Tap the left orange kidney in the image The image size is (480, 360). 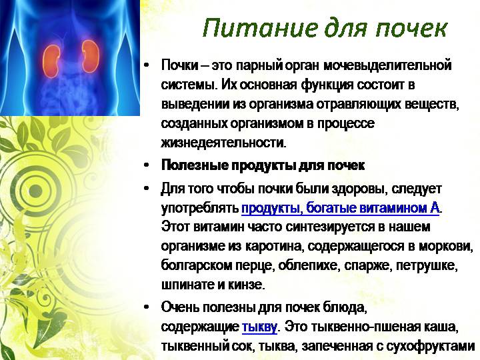(x=51, y=61)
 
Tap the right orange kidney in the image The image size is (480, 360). (x=90, y=56)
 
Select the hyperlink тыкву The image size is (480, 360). (x=259, y=327)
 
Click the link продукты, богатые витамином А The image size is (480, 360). (x=341, y=208)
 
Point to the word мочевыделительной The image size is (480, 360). (x=387, y=65)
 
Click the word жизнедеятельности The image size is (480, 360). (x=223, y=143)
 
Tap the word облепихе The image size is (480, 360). (x=309, y=265)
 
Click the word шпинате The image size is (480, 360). (x=187, y=285)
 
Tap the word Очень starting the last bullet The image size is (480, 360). (x=180, y=307)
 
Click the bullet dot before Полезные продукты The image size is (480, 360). (x=147, y=165)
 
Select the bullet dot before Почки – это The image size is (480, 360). (x=147, y=65)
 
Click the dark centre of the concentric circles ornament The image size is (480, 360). (x=36, y=190)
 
